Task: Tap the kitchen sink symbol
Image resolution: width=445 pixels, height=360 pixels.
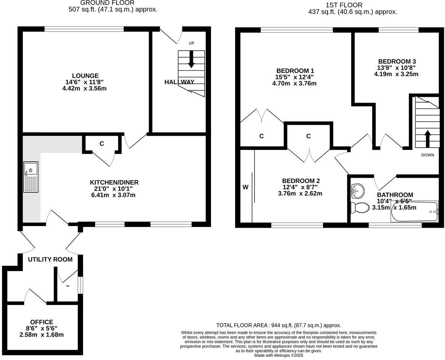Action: [31, 177]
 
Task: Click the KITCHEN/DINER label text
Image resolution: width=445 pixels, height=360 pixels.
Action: [114, 182]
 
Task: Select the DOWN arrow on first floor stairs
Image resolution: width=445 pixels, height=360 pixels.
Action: [427, 139]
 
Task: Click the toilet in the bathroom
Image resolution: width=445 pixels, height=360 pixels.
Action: [360, 207]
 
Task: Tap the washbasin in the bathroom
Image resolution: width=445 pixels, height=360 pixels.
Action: [357, 190]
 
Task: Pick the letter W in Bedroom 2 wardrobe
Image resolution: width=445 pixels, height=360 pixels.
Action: [245, 187]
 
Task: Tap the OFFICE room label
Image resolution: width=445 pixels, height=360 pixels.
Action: [42, 322]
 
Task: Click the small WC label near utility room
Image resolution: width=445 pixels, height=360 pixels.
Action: [68, 285]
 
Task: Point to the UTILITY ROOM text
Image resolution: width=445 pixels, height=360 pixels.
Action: [50, 259]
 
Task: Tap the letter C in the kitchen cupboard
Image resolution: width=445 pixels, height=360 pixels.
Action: [102, 143]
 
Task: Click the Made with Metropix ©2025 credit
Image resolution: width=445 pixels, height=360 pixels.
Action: [279, 355]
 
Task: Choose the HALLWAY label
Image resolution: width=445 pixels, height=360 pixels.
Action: [179, 82]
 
